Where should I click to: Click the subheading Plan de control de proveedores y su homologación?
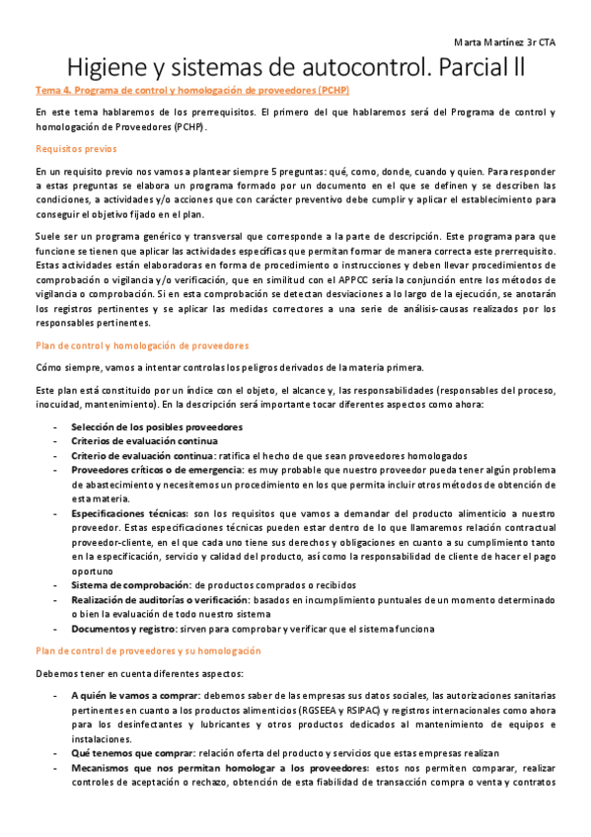pyautogui.click(x=148, y=651)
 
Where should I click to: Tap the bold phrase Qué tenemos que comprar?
pyautogui.click(x=132, y=752)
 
